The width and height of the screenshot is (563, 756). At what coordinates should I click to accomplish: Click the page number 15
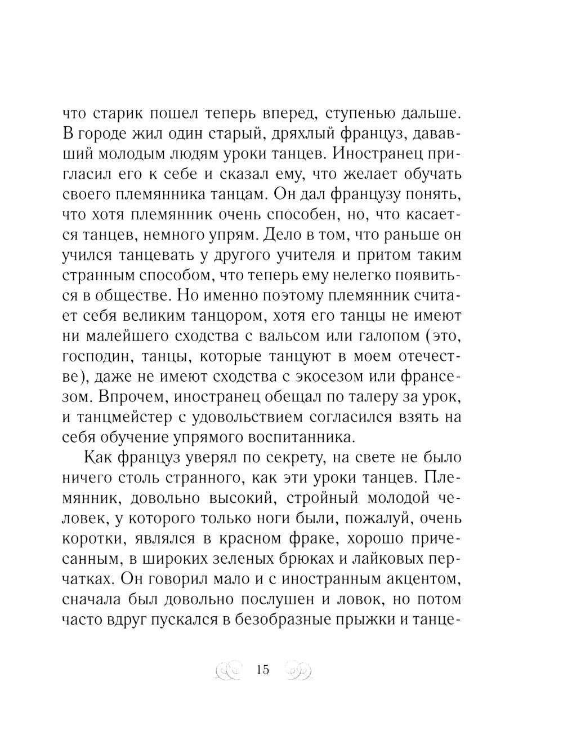point(263,670)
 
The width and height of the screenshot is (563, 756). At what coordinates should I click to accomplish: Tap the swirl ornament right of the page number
point(298,670)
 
